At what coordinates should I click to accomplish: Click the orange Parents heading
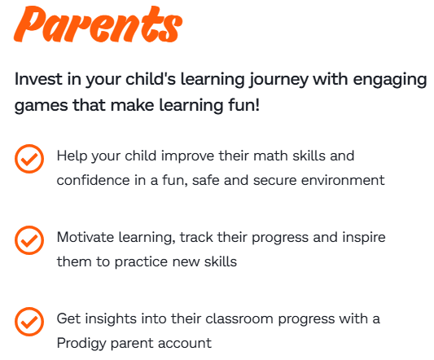[99, 24]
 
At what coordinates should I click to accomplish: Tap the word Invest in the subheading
[38, 79]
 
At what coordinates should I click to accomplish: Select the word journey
[278, 81]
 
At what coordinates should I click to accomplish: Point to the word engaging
[390, 81]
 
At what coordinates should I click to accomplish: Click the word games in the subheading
[41, 107]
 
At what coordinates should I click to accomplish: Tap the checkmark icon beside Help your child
[29, 159]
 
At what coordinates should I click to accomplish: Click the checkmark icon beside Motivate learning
[29, 240]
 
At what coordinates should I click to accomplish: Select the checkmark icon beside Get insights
[29, 322]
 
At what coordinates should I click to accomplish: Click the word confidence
[94, 180]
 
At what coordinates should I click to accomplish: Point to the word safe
[206, 180]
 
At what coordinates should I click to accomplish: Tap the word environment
[343, 180]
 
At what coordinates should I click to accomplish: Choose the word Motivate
[85, 237]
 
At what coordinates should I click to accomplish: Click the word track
[196, 237]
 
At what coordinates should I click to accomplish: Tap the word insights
[111, 318]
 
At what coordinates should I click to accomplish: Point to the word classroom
[239, 318]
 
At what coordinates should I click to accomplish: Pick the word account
[185, 344]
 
